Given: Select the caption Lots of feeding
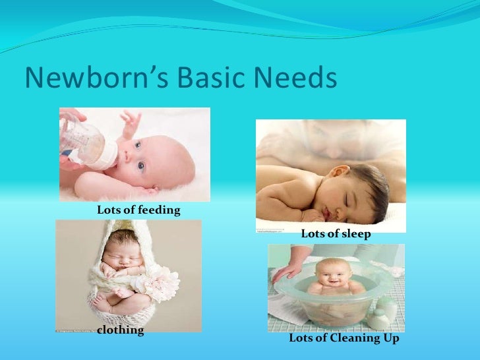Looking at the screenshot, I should coord(138,210).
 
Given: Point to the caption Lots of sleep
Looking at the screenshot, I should coord(336,234).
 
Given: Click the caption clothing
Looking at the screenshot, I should coord(121,330).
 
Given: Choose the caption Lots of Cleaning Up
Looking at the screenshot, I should coord(344,338).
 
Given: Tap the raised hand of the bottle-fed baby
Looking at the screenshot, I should coord(131,121).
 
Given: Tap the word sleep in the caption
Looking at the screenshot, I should coord(357,234).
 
